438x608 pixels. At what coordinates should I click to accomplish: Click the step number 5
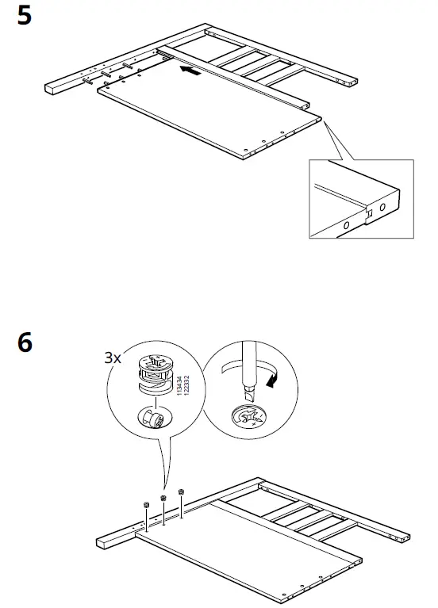click(25, 17)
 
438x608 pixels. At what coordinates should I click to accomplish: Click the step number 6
click(25, 343)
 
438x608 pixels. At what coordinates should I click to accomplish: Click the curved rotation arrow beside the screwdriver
click(275, 382)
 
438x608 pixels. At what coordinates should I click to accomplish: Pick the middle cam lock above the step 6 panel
click(163, 499)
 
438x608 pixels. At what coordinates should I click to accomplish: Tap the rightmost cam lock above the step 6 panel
click(182, 492)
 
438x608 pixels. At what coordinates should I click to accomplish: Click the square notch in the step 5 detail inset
click(367, 212)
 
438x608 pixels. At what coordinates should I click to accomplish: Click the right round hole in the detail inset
click(382, 206)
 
